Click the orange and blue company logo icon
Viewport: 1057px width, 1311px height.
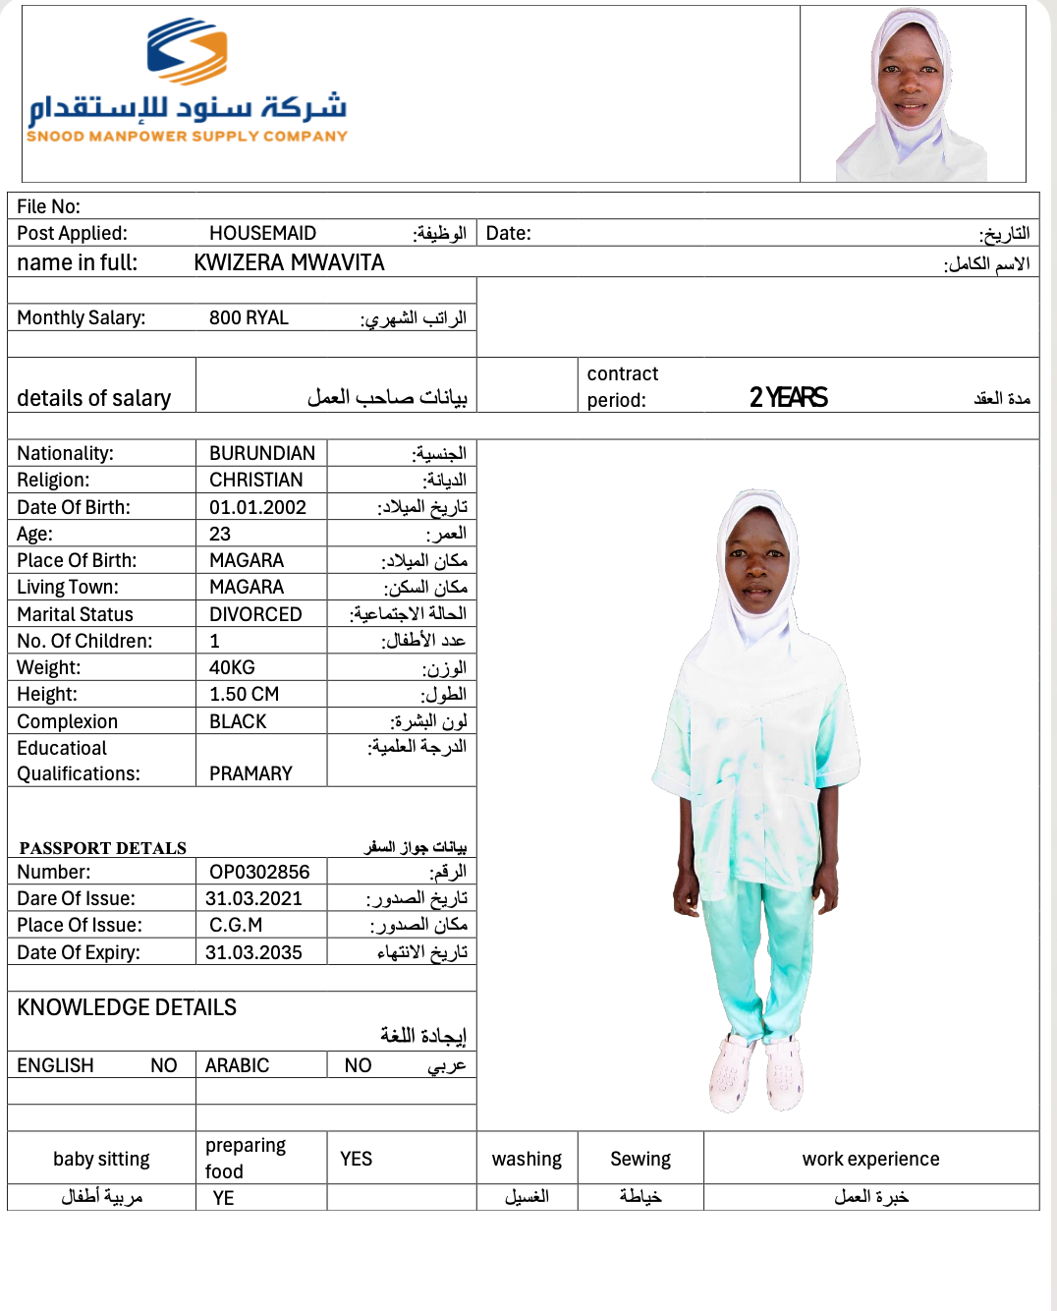coord(187,51)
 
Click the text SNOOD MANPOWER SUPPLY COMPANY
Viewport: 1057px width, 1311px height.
coord(187,137)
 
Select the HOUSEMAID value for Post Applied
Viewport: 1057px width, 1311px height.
coord(262,233)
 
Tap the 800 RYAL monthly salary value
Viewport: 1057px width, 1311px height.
coord(249,317)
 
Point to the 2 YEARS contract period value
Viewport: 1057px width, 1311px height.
coord(788,397)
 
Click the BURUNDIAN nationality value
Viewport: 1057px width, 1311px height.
coord(261,453)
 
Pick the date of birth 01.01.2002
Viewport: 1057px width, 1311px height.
coord(257,507)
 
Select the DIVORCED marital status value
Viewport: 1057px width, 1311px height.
coord(255,614)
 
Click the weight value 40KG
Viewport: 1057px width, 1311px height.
coord(232,667)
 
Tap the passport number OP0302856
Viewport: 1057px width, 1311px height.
coord(259,872)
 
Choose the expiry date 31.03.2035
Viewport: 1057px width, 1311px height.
coord(253,952)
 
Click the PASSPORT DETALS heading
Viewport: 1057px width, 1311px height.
coord(103,848)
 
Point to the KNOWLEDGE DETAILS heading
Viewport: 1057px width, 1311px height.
coord(127,1007)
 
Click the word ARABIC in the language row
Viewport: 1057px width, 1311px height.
coord(237,1065)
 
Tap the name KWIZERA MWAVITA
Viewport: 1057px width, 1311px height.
coord(289,262)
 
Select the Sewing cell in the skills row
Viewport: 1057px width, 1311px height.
coord(640,1159)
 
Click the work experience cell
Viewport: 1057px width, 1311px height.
coord(870,1159)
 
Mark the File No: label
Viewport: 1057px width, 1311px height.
coord(49,206)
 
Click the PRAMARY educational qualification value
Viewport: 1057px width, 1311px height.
coord(250,773)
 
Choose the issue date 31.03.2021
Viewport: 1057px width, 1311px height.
coord(253,898)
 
